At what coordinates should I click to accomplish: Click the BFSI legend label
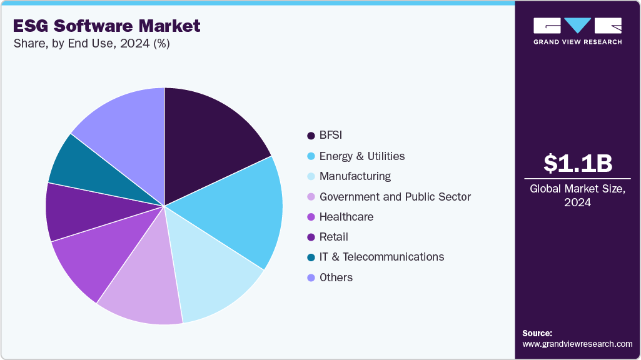(x=331, y=136)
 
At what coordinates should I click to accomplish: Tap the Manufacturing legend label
(x=355, y=176)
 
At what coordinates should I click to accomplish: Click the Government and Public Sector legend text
(x=395, y=197)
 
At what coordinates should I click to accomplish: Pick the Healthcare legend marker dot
(x=311, y=217)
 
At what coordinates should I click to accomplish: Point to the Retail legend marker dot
(x=311, y=237)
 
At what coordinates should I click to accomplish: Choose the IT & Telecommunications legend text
(x=381, y=257)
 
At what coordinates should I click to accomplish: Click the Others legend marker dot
(x=311, y=277)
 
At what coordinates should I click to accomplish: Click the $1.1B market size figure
(x=577, y=163)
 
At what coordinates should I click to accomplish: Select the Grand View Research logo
(x=577, y=30)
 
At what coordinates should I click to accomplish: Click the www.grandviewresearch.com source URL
(x=577, y=344)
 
